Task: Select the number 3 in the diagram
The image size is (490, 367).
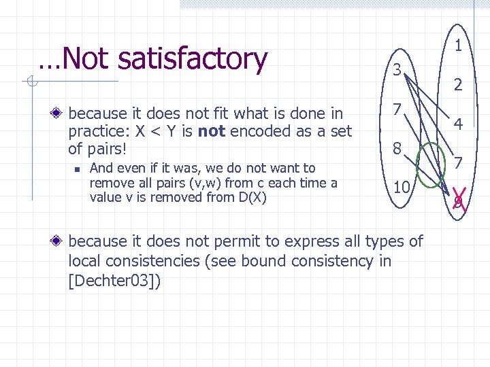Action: [x=397, y=68]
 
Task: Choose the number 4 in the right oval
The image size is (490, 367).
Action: [x=459, y=125]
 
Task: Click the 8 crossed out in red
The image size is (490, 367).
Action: [x=458, y=201]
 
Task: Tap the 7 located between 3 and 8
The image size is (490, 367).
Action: [x=396, y=109]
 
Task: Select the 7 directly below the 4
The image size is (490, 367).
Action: [x=459, y=163]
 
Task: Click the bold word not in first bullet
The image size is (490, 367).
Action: [x=212, y=130]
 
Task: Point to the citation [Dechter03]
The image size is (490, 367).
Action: [x=115, y=281]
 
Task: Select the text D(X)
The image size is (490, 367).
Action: [x=250, y=197]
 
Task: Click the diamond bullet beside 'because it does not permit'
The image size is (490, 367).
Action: [x=60, y=241]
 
